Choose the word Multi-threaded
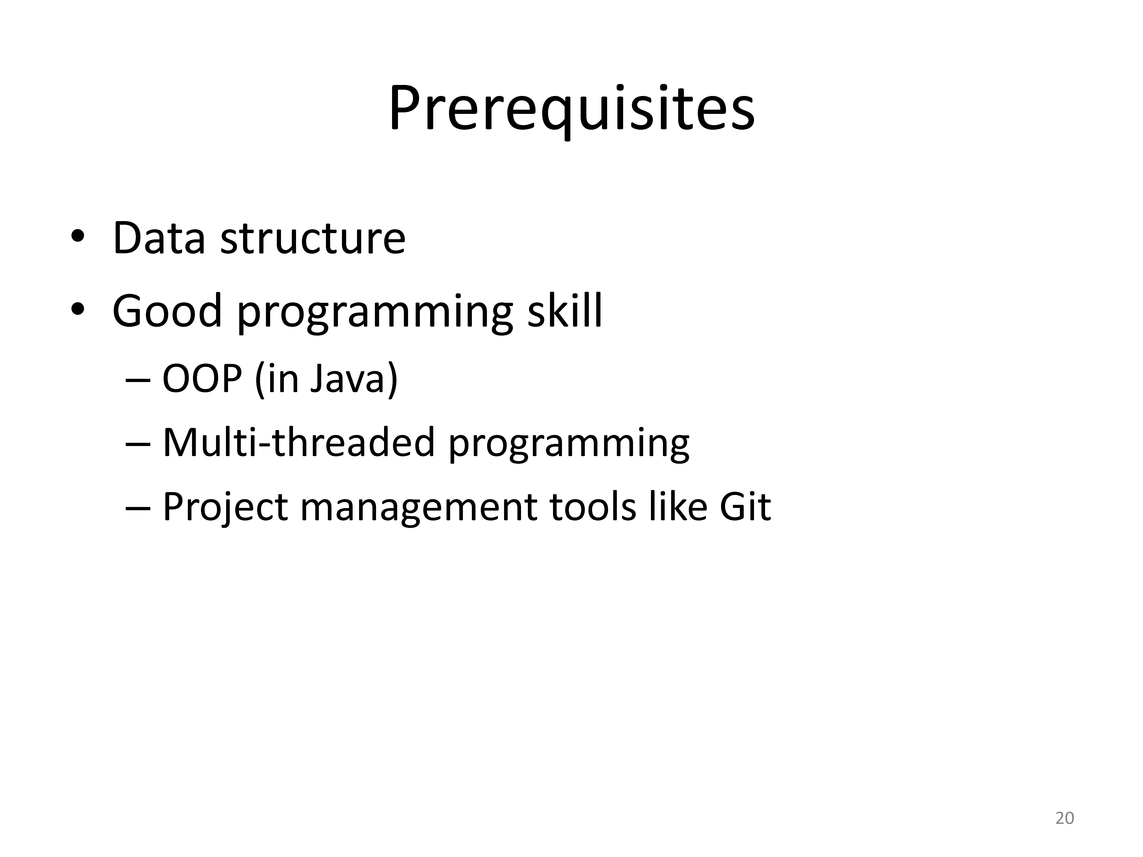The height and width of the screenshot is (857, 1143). click(299, 442)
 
